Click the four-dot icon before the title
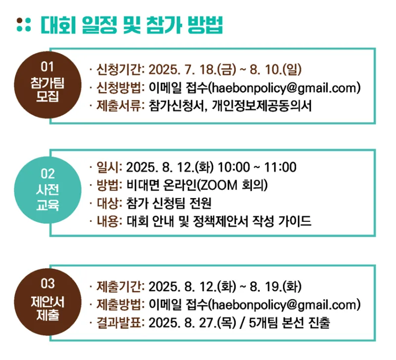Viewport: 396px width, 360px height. pos(23,25)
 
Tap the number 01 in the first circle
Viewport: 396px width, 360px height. pos(47,67)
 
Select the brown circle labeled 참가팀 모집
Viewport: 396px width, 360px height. pos(48,85)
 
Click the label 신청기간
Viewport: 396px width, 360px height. pos(118,69)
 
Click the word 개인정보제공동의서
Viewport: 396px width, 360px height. pos(262,106)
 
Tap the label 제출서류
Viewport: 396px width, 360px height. pos(118,106)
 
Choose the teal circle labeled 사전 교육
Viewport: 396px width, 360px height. pos(48,190)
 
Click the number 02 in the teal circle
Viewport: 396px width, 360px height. pos(48,174)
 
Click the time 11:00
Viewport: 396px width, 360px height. pos(280,167)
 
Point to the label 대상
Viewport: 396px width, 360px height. pos(107,204)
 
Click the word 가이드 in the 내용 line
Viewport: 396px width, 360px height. pos(295,221)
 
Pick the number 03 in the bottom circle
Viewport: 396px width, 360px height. pos(48,283)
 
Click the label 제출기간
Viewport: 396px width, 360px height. pos(118,287)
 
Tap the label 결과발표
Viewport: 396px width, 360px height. pos(118,322)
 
